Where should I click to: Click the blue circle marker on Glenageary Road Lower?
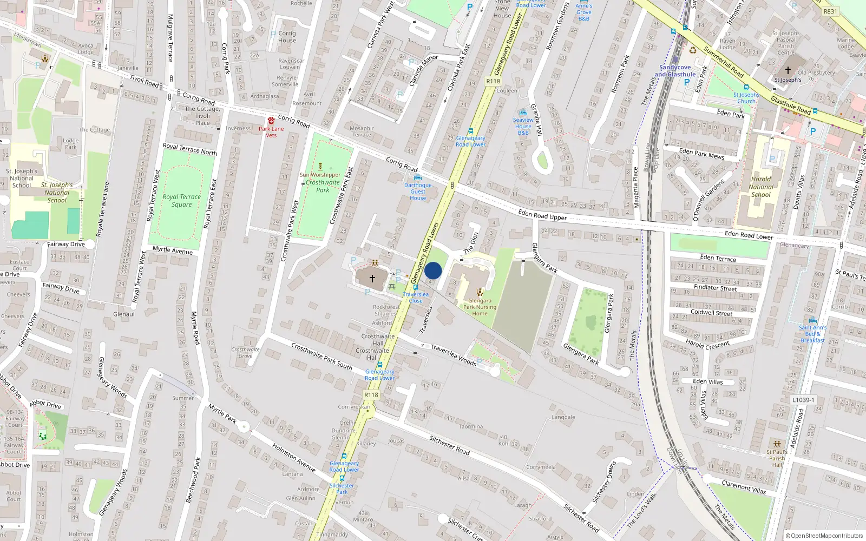[x=433, y=270]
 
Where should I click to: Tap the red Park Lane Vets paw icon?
[x=271, y=121]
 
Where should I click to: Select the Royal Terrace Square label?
[x=181, y=201]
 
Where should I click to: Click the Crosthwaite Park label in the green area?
[x=323, y=186]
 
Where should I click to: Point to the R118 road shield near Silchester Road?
[x=371, y=395]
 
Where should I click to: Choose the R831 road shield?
[x=830, y=11]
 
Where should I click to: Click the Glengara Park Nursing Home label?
[x=480, y=307]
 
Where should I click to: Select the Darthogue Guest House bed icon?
[x=417, y=177]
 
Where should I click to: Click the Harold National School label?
[x=761, y=187]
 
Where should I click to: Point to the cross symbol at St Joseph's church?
[x=788, y=70]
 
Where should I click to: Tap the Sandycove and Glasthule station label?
[x=675, y=71]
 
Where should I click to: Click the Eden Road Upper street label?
[x=542, y=215]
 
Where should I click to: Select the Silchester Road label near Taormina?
[x=449, y=445]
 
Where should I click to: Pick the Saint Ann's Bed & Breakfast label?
[x=812, y=334]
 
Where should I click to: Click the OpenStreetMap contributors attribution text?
[x=824, y=536]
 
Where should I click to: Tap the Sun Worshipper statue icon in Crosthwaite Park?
[x=320, y=167]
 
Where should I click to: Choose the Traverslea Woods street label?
[x=454, y=355]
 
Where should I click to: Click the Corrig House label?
[x=287, y=37]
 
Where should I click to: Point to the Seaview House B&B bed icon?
[x=523, y=113]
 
